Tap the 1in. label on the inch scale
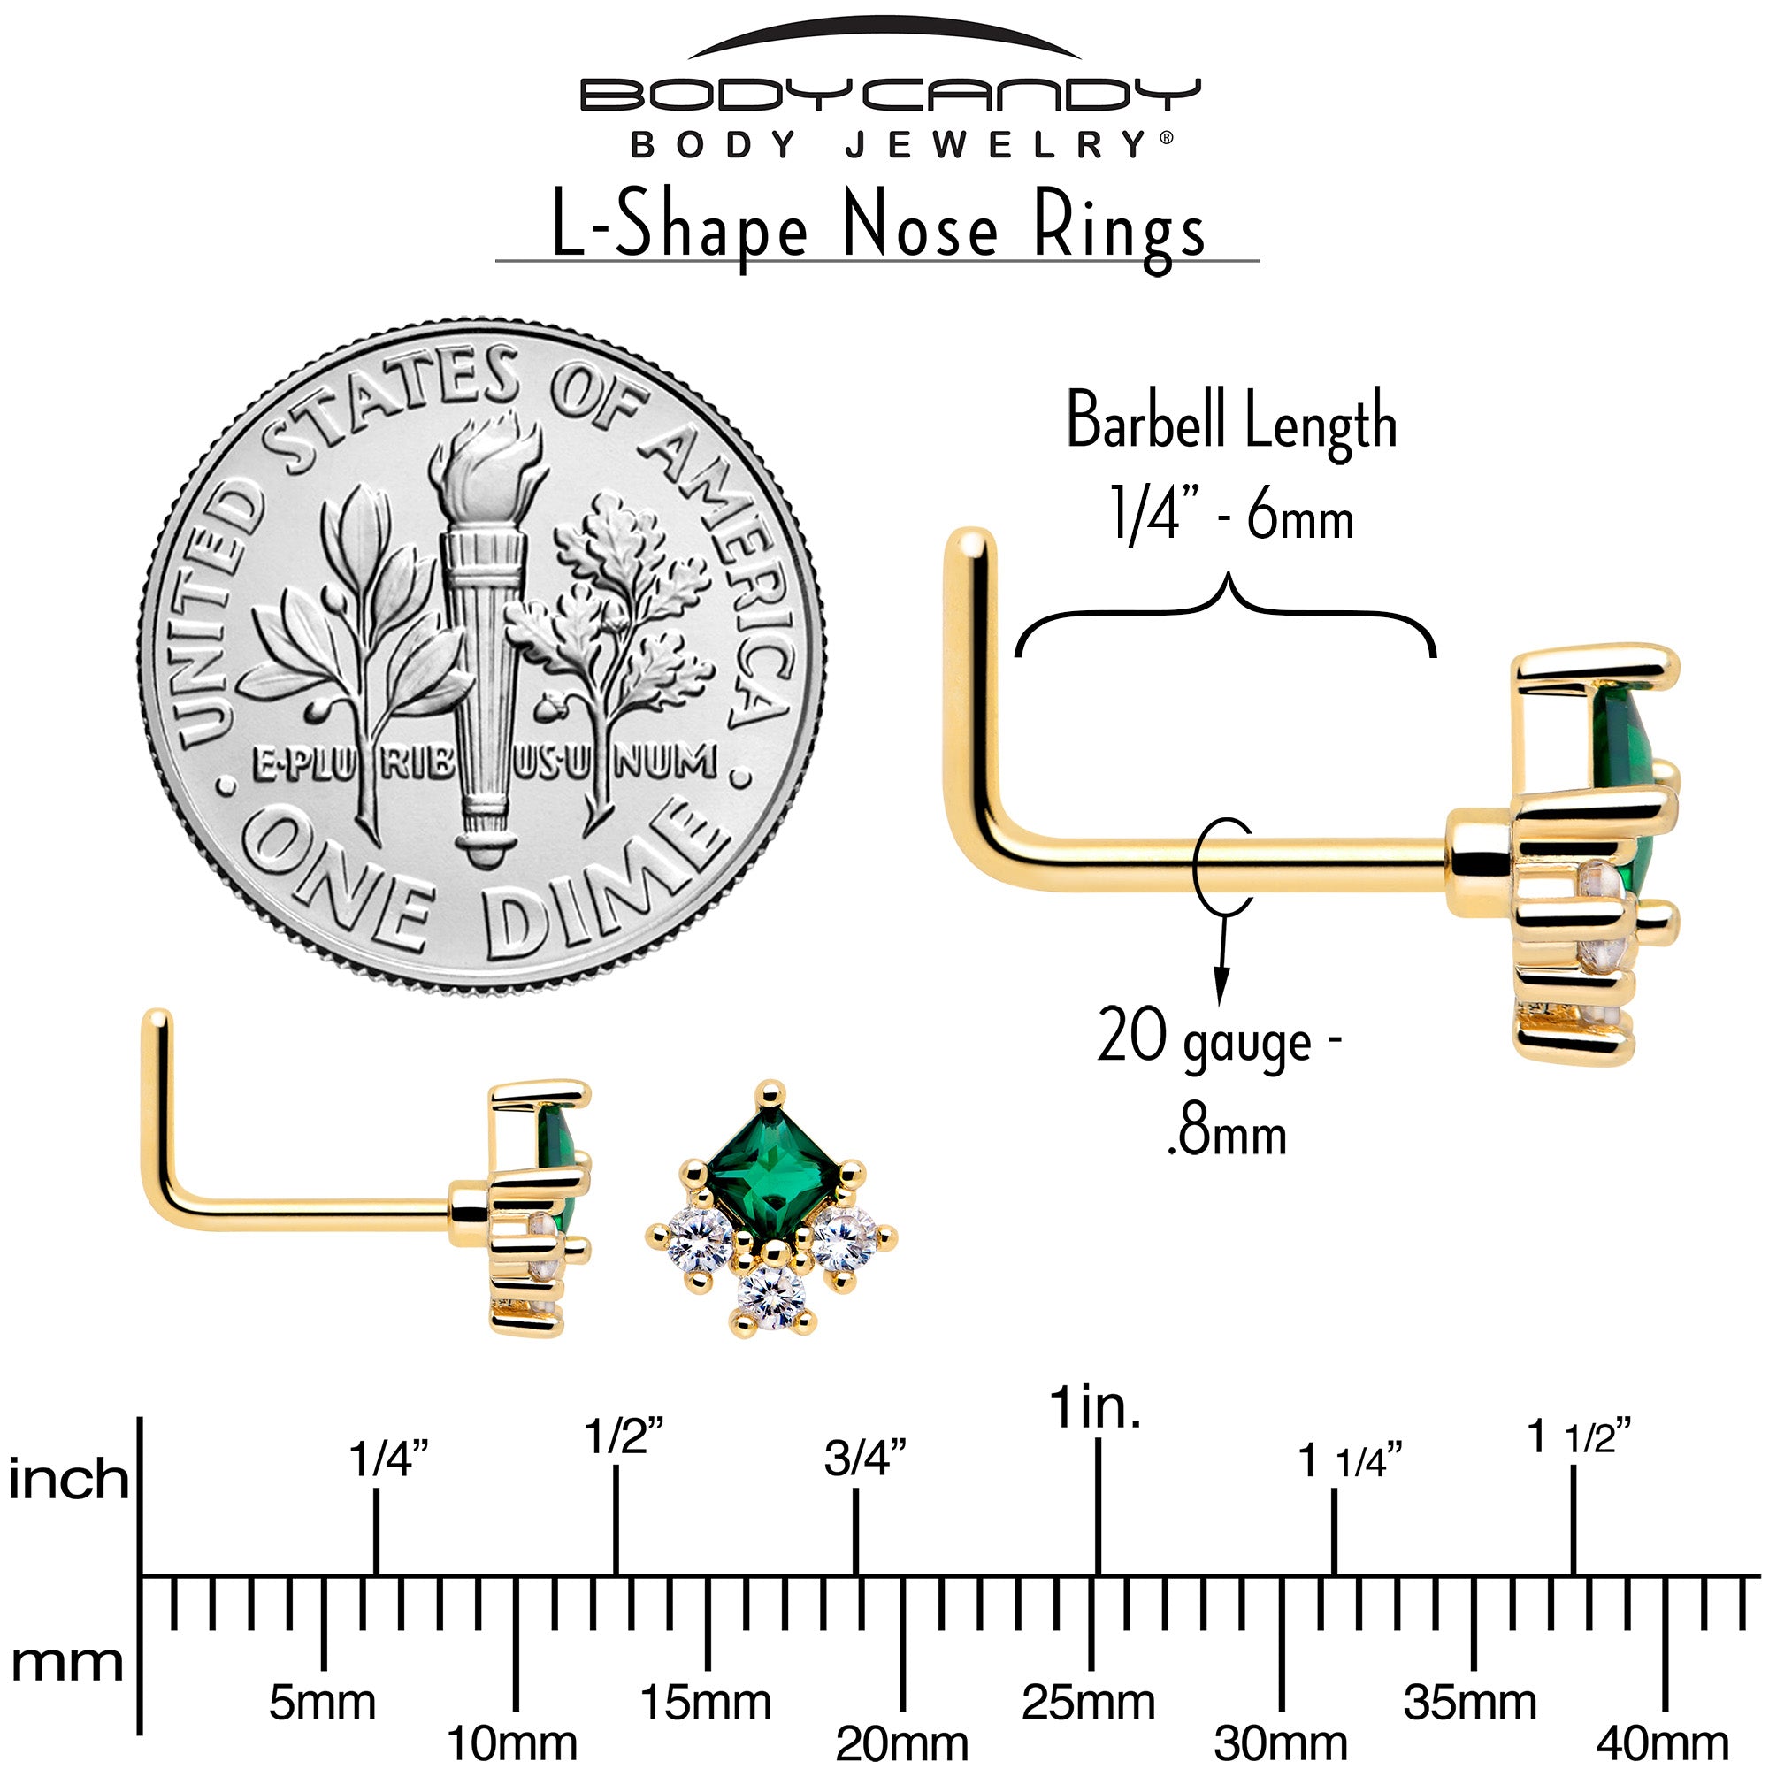[1095, 1407]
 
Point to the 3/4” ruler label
[864, 1458]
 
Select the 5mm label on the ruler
[322, 1702]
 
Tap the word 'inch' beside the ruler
[69, 1480]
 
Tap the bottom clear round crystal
[773, 1293]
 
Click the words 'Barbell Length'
[1231, 422]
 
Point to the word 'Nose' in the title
[919, 228]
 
